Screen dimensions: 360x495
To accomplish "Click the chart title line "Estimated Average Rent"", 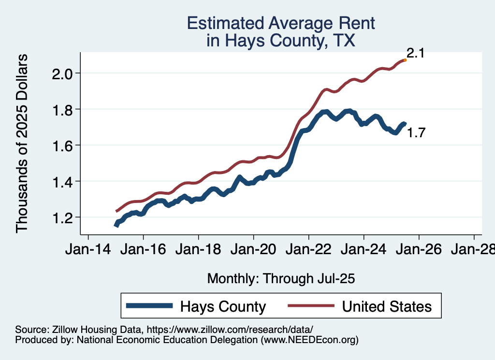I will pos(281,23).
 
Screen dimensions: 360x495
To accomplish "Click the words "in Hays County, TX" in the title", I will pos(281,41).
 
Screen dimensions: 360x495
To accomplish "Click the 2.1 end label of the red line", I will pos(415,53).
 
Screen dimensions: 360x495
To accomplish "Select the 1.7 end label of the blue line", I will pos(416,133).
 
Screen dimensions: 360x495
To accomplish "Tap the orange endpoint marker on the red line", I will pos(405,60).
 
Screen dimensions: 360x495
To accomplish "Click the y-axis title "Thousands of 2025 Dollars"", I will pos(23,143).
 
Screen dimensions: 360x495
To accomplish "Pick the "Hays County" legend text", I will pos(223,306).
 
